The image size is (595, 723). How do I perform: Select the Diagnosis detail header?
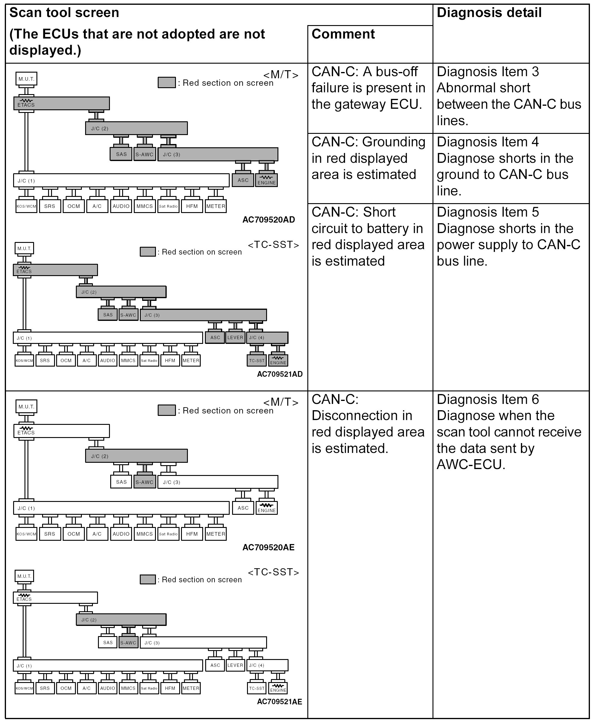489,13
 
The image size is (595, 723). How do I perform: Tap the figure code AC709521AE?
279,702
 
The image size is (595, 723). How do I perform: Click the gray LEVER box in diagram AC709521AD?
235,338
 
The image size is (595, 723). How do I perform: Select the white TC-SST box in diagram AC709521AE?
257,688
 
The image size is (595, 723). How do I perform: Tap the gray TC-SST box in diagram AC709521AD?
257,360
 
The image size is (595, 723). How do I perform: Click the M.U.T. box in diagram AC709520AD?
26,79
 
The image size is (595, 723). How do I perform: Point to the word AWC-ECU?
470,465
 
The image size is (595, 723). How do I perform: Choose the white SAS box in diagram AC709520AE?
121,482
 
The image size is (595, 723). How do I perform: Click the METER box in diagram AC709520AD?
216,206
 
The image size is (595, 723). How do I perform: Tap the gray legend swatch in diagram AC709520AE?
167,410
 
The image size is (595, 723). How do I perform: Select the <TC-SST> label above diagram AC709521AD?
273,245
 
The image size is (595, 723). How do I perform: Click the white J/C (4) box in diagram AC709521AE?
267,665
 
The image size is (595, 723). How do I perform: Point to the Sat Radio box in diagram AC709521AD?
149,361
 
